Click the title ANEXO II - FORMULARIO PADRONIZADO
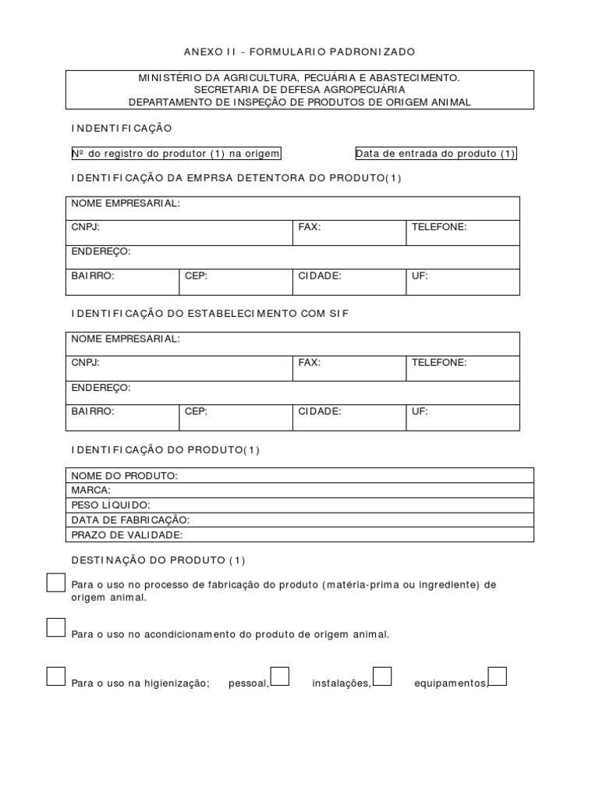299,51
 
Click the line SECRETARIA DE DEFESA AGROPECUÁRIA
299,90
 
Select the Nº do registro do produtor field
175,154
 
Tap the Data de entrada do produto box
435,154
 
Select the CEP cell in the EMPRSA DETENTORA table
235,282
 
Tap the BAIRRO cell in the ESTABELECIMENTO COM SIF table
122,417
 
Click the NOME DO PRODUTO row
299,475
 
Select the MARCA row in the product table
299,490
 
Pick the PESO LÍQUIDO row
299,505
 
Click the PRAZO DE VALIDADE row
299,534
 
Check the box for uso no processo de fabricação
55,583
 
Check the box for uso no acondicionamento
55,627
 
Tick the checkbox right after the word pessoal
280,676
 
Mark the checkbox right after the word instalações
382,676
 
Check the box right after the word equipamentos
498,676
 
